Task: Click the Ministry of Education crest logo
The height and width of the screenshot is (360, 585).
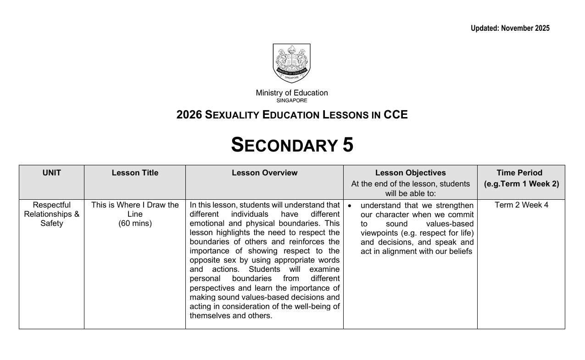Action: (x=292, y=63)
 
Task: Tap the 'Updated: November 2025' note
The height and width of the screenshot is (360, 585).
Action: (x=510, y=28)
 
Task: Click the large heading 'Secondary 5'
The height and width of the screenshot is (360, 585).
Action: (x=292, y=145)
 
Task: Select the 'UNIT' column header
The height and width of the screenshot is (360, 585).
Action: (x=52, y=173)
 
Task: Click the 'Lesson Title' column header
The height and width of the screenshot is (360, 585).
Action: (x=135, y=173)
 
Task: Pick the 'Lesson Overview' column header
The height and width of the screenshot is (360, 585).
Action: (x=265, y=173)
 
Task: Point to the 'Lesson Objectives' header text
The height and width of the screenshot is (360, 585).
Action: (x=411, y=173)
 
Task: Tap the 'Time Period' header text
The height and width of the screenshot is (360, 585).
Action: (x=519, y=173)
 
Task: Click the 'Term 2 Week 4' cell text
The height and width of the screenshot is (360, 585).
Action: (x=521, y=205)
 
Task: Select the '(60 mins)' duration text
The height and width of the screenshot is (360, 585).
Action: (x=135, y=223)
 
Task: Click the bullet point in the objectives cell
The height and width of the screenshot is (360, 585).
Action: (x=349, y=206)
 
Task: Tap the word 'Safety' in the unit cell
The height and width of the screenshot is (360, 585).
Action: (x=52, y=223)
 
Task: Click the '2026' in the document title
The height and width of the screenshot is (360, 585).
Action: (x=189, y=115)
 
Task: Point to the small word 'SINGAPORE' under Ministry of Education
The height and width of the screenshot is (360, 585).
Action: (x=292, y=101)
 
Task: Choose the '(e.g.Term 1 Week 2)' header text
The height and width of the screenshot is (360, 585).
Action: (x=521, y=184)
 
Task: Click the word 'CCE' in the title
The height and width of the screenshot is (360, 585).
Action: (x=396, y=115)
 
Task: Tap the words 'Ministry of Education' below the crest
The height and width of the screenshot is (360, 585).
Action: (x=292, y=93)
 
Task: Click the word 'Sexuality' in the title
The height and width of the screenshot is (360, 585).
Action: (x=231, y=115)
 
